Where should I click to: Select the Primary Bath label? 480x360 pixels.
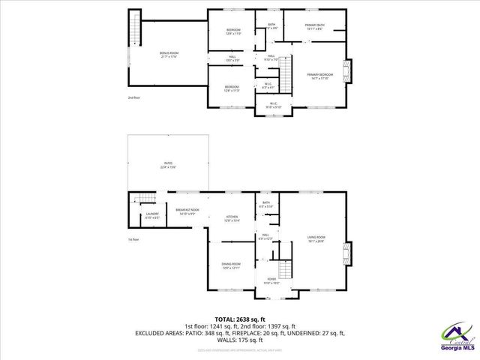314,27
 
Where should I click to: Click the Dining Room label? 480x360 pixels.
230,265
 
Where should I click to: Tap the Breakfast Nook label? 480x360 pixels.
187,211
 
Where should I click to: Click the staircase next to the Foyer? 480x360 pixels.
286,269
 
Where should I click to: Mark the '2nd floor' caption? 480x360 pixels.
133,97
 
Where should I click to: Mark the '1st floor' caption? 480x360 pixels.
133,239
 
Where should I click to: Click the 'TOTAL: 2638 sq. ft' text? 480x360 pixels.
240,319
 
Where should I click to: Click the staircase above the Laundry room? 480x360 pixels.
144,199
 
